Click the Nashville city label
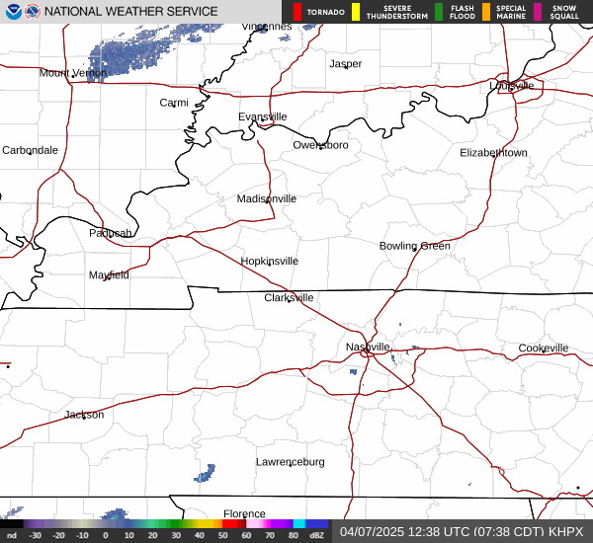point(368,348)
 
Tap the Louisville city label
point(511,86)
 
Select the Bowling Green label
point(414,246)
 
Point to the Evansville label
point(262,116)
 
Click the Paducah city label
point(110,233)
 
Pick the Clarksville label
point(289,297)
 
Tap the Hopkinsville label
point(269,262)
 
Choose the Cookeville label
point(543,349)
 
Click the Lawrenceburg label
point(290,462)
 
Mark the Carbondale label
point(30,150)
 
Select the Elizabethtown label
point(493,153)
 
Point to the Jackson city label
point(84,415)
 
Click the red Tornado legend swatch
point(296,12)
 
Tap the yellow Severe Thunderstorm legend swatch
point(355,12)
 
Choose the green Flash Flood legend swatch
point(438,12)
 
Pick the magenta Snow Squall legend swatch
point(538,12)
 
